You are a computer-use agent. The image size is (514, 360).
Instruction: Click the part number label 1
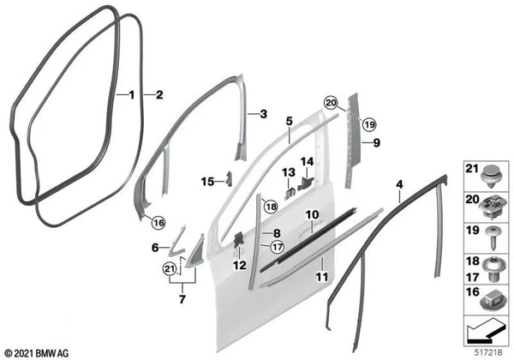point(130,96)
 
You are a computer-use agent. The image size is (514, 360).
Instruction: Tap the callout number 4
point(398,184)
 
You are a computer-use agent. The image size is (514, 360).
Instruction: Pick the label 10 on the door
point(312,214)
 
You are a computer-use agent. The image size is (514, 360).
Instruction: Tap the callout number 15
point(205,181)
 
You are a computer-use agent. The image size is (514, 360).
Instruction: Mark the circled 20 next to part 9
point(331,102)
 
